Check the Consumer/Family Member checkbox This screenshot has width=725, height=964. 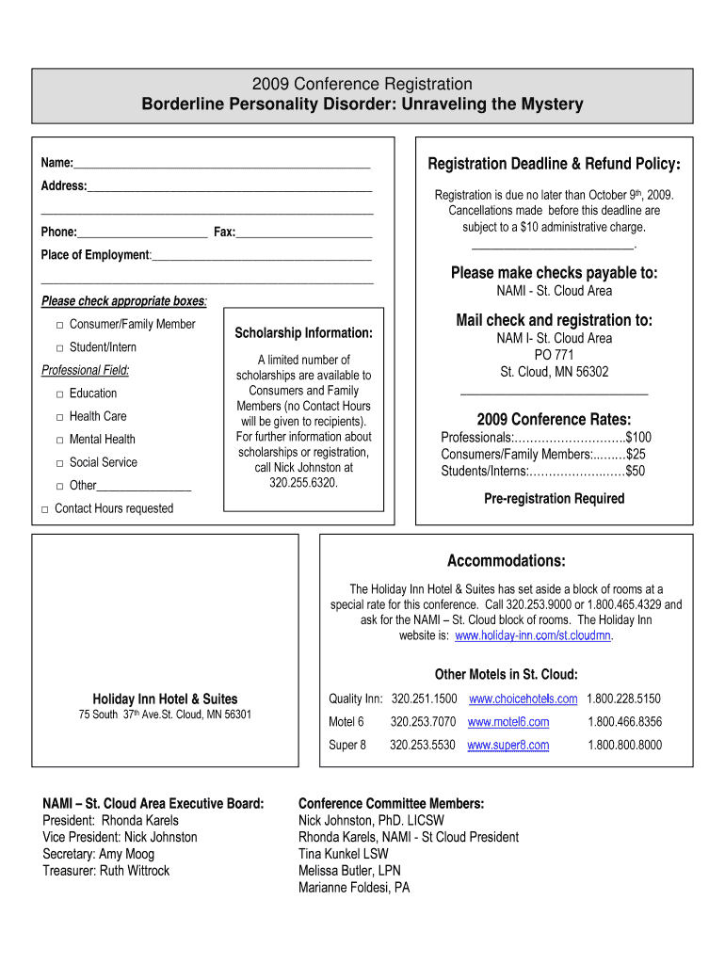pyautogui.click(x=59, y=325)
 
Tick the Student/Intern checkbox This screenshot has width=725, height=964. pyautogui.click(x=59, y=348)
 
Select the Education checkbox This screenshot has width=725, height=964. pyautogui.click(x=59, y=394)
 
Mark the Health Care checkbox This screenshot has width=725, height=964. pyautogui.click(x=59, y=417)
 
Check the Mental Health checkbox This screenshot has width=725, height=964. pyautogui.click(x=59, y=440)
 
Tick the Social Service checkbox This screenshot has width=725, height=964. pyautogui.click(x=59, y=463)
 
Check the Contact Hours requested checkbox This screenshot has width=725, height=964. pyautogui.click(x=44, y=509)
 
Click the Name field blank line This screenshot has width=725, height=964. pyautogui.click(x=221, y=165)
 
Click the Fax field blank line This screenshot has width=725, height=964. pyautogui.click(x=303, y=233)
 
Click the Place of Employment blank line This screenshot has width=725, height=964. pyautogui.click(x=261, y=256)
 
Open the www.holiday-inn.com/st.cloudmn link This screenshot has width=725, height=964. pyautogui.click(x=533, y=636)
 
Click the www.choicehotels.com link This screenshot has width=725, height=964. pyautogui.click(x=523, y=699)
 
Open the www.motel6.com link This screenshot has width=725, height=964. pyautogui.click(x=507, y=722)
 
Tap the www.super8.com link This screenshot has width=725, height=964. pyautogui.click(x=507, y=746)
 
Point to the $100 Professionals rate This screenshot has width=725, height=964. pyautogui.click(x=638, y=438)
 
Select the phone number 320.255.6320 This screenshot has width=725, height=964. pyautogui.click(x=302, y=483)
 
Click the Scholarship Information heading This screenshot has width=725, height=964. pyautogui.click(x=303, y=333)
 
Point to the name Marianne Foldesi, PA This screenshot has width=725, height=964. pyautogui.click(x=354, y=888)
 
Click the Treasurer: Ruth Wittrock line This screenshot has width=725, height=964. pyautogui.click(x=106, y=871)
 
